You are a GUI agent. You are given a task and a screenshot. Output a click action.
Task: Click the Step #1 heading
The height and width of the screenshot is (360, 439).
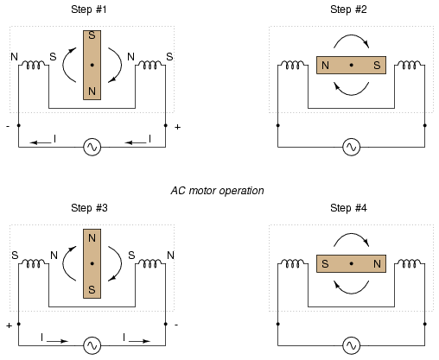(x=89, y=9)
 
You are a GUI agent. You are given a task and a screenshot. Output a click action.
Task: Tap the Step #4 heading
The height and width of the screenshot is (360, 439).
(x=348, y=208)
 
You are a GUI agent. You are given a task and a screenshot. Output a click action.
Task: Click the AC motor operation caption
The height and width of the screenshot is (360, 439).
(x=217, y=191)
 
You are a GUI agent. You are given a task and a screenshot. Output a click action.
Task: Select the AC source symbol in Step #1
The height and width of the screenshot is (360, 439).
(x=92, y=147)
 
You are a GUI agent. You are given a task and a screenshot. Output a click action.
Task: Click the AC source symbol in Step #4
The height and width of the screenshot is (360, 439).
(x=352, y=345)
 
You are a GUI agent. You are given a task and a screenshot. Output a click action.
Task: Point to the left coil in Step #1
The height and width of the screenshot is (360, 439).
(x=34, y=65)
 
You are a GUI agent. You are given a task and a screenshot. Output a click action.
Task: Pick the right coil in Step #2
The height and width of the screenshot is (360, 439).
(x=409, y=65)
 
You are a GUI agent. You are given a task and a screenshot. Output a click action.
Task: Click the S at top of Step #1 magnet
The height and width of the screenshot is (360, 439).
(x=92, y=35)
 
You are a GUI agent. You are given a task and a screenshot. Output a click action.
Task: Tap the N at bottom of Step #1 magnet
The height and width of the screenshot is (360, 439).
(x=92, y=92)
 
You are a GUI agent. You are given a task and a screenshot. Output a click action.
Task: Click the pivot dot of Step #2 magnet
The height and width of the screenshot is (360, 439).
(x=351, y=65)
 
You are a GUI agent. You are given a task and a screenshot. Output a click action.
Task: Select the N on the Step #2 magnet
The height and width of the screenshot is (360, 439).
(x=325, y=66)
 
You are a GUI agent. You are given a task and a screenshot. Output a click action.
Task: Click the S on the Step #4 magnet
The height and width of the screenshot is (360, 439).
(x=325, y=263)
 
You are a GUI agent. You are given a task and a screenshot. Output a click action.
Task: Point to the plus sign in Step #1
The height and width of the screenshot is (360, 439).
(x=177, y=127)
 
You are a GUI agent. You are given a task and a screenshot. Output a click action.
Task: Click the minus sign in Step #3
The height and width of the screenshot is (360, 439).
(x=176, y=325)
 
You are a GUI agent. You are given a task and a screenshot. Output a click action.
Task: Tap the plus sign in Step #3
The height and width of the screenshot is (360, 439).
(x=10, y=325)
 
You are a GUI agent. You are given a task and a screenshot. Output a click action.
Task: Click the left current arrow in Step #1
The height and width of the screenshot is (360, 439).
(x=41, y=142)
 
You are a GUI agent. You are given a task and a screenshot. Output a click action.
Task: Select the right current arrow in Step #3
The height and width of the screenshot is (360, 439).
(x=140, y=341)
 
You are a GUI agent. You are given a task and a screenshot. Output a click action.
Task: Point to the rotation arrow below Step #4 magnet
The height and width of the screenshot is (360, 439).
(x=352, y=293)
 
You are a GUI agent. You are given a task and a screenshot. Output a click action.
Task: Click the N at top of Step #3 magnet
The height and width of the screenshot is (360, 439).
(x=92, y=238)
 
